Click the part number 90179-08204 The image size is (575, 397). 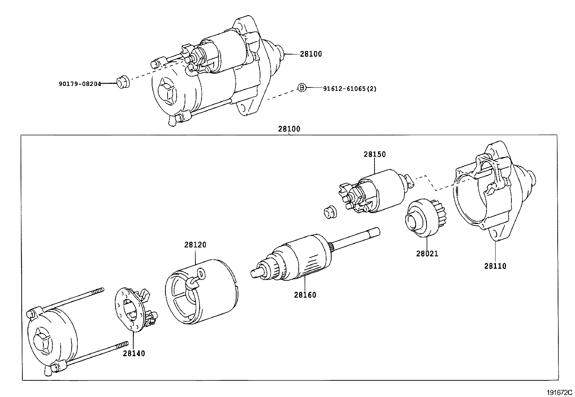click(x=80, y=84)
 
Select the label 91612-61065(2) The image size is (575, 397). click(x=349, y=88)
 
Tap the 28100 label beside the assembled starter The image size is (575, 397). click(x=311, y=54)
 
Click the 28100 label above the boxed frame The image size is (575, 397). click(x=289, y=129)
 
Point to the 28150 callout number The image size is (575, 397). click(x=375, y=154)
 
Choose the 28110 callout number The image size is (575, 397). click(x=495, y=266)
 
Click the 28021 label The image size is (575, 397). click(x=427, y=254)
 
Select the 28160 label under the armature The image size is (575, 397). click(x=305, y=295)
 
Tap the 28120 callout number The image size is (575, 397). click(x=195, y=245)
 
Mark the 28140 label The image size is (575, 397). click(x=134, y=353)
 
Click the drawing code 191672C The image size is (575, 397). click(x=559, y=392)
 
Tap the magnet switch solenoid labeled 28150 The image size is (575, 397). click(x=379, y=191)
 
